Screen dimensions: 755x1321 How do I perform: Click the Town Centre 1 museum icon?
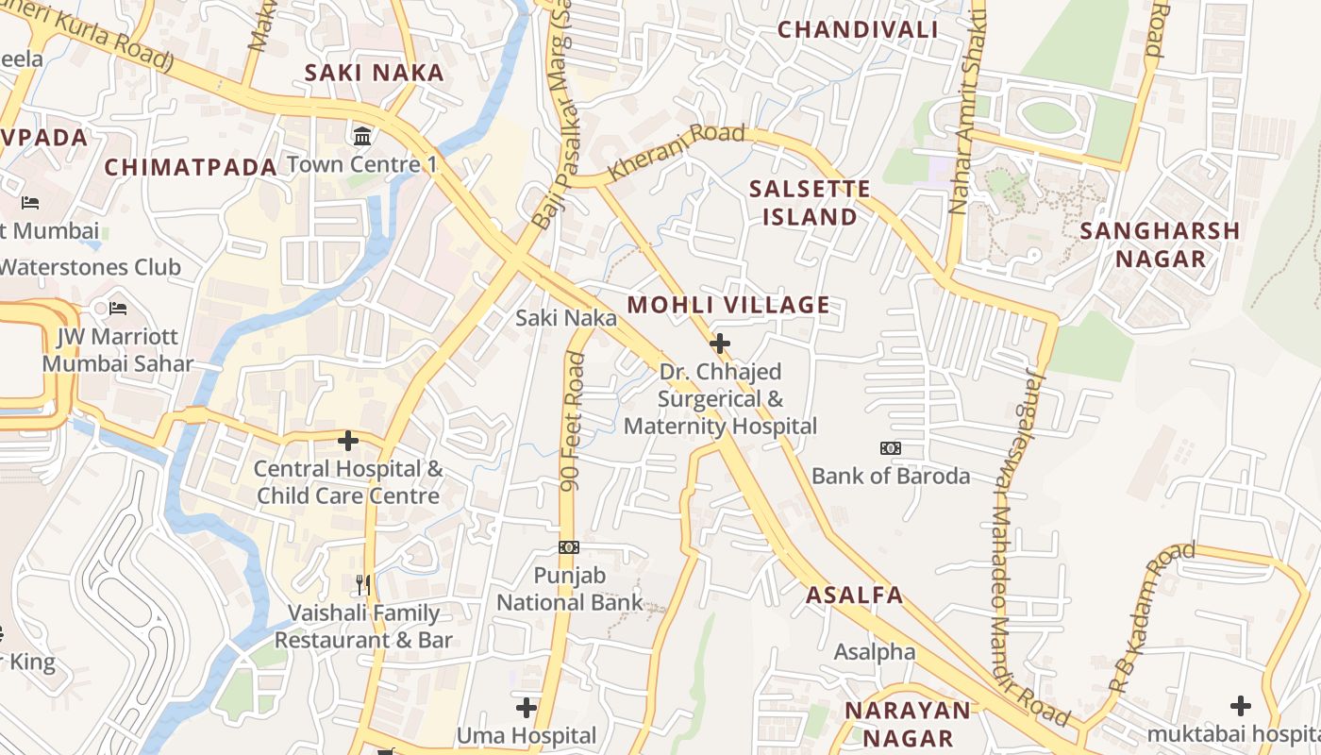361,137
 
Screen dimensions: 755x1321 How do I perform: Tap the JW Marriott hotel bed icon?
118,309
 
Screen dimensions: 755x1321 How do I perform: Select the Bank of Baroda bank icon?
890,448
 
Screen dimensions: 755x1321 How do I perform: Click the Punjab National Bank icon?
569,547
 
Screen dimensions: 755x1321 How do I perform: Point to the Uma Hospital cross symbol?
527,707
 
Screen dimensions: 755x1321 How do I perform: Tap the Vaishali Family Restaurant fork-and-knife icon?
363,585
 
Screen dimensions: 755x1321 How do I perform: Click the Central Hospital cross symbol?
348,441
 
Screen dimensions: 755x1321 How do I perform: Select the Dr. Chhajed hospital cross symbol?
720,344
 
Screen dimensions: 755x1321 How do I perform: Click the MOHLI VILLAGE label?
728,305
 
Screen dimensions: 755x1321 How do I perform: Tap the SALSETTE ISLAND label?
810,203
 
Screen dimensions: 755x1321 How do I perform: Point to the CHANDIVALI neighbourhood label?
858,29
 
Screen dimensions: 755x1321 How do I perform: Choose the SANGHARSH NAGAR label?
1159,244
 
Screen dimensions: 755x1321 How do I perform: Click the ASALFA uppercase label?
854,596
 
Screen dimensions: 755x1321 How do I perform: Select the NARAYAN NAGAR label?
907,724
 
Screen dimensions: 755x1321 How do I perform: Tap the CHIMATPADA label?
191,167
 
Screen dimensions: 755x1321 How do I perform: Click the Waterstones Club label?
90,267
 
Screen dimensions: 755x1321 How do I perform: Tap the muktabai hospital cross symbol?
1241,706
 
